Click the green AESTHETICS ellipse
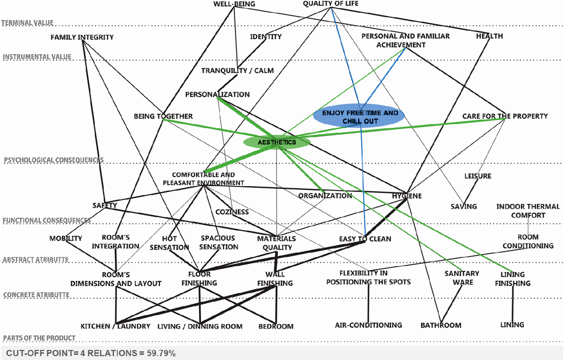pos(277,142)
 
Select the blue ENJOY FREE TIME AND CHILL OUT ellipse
pos(360,117)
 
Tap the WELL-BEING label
pos(234,4)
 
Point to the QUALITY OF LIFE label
pos(331,4)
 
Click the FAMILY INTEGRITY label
pos(82,37)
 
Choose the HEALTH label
pos(489,36)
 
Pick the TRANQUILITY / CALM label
pos(237,71)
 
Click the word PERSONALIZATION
pos(217,94)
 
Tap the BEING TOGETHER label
pos(163,116)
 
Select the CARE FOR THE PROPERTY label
pos(505,116)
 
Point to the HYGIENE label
pos(407,196)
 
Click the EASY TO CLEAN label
pos(365,239)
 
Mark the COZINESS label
pos(232,211)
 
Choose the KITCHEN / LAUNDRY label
pos(115,326)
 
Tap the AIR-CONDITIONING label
pos(369,325)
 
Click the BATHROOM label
pos(440,325)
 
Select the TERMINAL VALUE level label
pos(27,23)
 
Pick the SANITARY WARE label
pos(462,278)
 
